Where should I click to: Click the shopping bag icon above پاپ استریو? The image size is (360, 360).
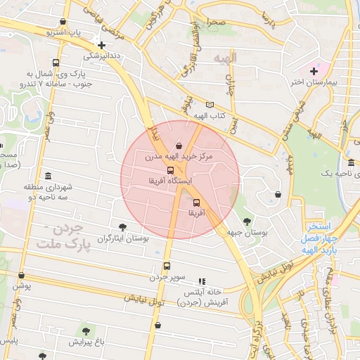[x=65, y=22]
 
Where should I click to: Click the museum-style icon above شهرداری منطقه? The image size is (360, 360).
[x=48, y=176]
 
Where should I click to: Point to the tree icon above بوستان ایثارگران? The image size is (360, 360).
[x=123, y=227]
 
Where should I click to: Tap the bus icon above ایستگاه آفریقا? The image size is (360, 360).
[x=170, y=170]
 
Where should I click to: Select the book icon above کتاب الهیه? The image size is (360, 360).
[x=210, y=105]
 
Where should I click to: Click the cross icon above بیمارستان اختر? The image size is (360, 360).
[x=314, y=70]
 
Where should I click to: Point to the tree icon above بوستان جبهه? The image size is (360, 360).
[x=244, y=221]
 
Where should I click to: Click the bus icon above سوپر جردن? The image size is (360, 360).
[x=167, y=266]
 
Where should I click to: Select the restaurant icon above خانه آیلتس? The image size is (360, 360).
[x=202, y=281]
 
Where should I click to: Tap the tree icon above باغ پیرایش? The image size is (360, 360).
[x=86, y=330]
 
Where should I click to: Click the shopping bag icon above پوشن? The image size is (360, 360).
[x=21, y=275]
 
